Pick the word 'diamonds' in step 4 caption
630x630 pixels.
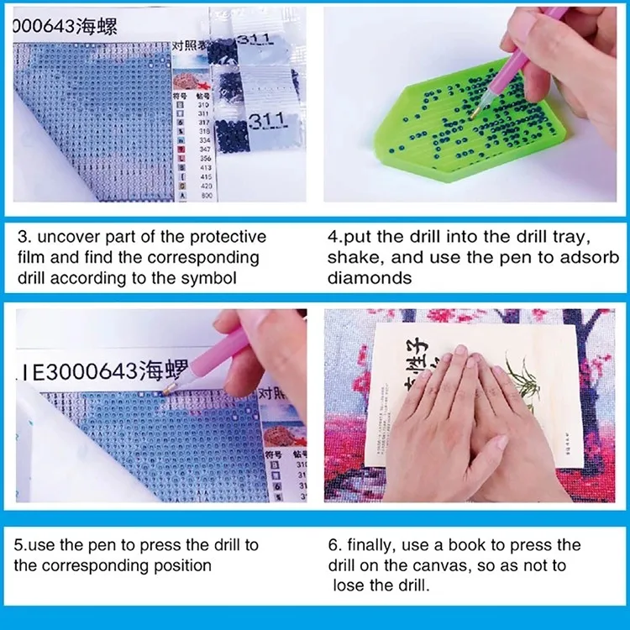click(370, 278)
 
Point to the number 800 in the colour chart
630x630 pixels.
click(207, 195)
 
